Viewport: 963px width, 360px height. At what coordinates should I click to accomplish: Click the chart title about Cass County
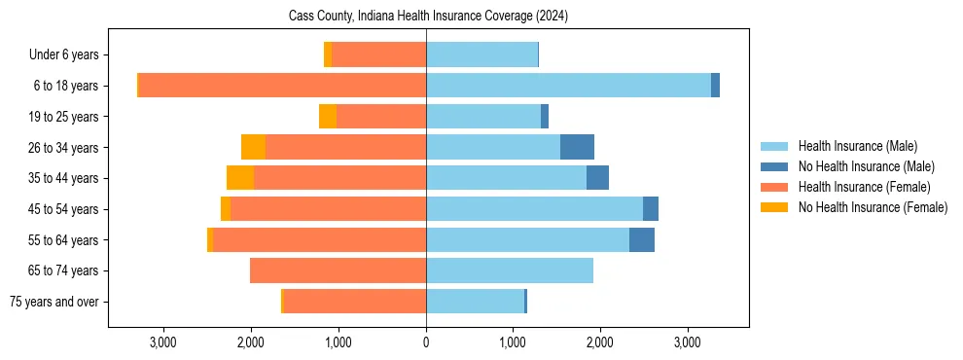click(x=428, y=17)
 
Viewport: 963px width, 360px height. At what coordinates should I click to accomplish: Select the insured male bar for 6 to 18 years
click(x=568, y=86)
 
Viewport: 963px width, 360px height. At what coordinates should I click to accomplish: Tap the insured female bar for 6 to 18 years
click(x=282, y=86)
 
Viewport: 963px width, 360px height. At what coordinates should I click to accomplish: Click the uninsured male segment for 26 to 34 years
click(x=577, y=147)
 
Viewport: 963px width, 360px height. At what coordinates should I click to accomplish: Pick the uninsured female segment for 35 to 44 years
click(x=240, y=178)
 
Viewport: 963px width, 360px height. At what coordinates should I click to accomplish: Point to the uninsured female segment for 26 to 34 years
click(x=253, y=147)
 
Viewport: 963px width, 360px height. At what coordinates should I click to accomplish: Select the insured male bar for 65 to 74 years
click(x=510, y=270)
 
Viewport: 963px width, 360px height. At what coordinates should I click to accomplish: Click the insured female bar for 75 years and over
click(x=354, y=302)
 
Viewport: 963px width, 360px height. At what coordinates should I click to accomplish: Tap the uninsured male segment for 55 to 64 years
click(x=642, y=239)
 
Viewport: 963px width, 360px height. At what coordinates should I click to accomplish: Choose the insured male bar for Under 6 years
click(x=481, y=54)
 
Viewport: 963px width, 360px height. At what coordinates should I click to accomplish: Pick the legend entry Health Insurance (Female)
click(x=864, y=187)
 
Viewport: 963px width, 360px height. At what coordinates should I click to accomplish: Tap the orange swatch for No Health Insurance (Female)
click(x=774, y=207)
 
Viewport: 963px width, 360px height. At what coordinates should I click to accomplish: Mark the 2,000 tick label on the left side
click(x=251, y=342)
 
